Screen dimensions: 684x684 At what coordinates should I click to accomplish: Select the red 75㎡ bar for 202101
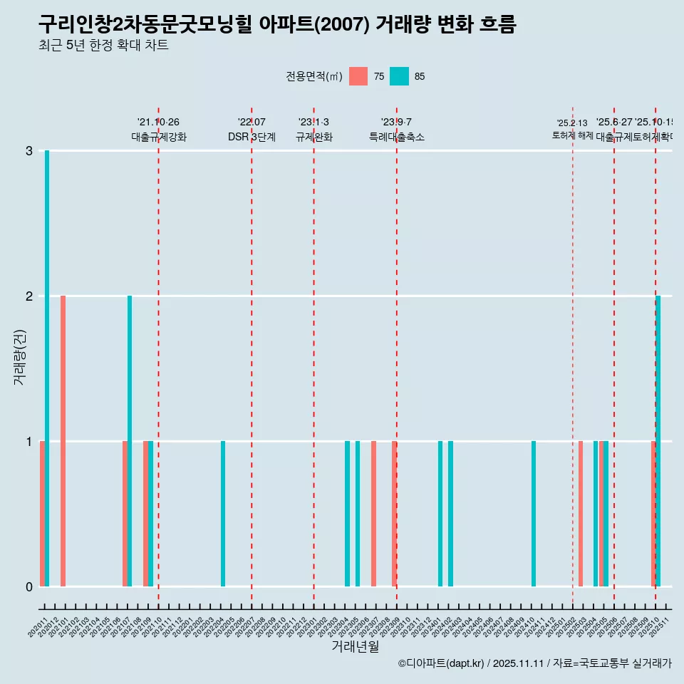63,441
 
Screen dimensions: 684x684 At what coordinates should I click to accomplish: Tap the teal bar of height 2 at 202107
130,441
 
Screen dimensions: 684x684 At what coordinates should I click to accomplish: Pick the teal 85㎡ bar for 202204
223,514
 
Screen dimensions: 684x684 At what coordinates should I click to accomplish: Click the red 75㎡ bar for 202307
373,514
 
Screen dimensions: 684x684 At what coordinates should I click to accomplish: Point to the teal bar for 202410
534,514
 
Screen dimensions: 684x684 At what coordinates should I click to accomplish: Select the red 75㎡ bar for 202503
581,514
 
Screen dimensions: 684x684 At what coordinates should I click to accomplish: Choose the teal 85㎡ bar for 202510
658,441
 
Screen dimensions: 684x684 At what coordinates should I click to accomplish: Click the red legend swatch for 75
358,76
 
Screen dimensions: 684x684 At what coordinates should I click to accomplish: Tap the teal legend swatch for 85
400,76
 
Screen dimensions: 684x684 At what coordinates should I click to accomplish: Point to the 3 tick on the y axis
29,151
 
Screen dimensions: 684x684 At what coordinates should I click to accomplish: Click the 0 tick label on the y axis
29,587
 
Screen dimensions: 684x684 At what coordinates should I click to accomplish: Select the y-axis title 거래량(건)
20,357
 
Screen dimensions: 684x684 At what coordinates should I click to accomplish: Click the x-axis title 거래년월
355,646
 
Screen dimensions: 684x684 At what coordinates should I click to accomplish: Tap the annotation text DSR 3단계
252,137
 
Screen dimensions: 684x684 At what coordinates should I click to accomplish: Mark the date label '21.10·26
158,123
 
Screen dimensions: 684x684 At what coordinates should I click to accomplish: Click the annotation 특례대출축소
396,137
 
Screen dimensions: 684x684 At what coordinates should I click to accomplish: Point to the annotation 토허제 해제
572,135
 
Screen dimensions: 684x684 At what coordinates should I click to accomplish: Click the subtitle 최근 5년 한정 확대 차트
103,46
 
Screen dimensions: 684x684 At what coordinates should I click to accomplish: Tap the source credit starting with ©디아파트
534,663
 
